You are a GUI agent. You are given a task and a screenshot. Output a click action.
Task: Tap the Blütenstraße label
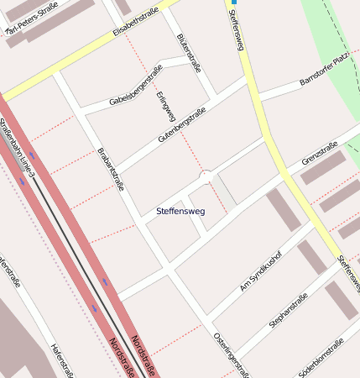tap(191, 51)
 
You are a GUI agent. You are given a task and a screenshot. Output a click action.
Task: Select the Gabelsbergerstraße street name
tap(135, 84)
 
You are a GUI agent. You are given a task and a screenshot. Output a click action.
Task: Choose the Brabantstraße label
tap(111, 168)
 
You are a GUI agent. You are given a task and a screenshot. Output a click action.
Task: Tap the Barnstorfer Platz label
tap(324, 71)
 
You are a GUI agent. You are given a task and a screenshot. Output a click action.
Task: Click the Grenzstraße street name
tap(320, 154)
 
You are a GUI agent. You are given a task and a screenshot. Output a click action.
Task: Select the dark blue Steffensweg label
tap(180, 210)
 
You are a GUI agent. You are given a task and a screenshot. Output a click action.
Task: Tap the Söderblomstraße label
tap(322, 358)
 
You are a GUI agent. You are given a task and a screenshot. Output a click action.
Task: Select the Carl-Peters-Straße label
tap(32, 20)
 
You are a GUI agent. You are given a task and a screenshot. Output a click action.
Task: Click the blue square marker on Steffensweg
tap(234, 3)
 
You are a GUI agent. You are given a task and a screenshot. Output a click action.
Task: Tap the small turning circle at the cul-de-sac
tap(206, 176)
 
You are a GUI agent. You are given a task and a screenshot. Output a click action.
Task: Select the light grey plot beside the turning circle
tap(225, 190)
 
